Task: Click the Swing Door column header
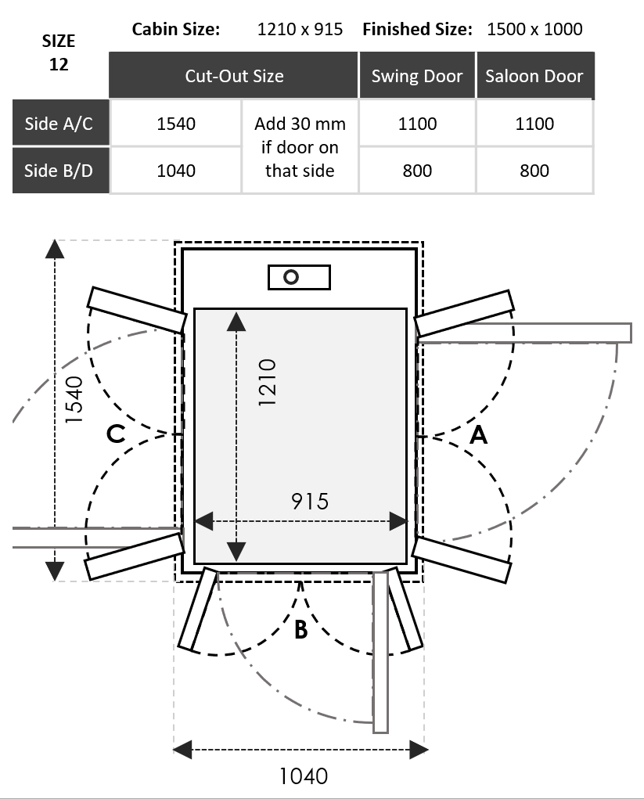(x=417, y=76)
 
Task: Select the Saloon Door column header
(x=534, y=76)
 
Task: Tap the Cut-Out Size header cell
(x=234, y=76)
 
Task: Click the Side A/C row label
(x=59, y=124)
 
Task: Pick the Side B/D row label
(x=59, y=171)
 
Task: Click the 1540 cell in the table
(x=176, y=124)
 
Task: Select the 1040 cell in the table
(x=176, y=171)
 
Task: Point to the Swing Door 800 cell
(x=417, y=171)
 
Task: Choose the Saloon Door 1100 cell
(x=534, y=124)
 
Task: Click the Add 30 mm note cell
(x=300, y=147)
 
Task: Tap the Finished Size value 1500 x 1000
(x=534, y=30)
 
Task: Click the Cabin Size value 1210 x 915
(x=300, y=30)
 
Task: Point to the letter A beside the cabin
(x=478, y=435)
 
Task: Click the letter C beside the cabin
(x=116, y=434)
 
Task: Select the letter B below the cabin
(x=301, y=629)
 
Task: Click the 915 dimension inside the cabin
(x=310, y=501)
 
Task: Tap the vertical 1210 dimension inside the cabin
(x=267, y=382)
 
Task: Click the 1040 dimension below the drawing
(x=304, y=776)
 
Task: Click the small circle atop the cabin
(x=292, y=277)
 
